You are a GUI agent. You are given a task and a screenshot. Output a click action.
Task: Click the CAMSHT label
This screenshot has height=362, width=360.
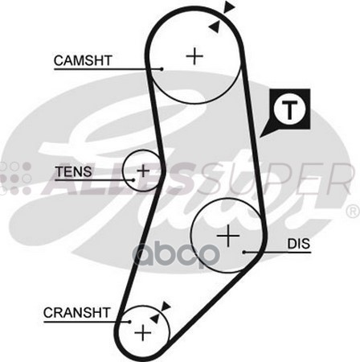[82, 60]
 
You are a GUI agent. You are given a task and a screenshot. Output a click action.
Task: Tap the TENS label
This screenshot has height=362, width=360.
[73, 171]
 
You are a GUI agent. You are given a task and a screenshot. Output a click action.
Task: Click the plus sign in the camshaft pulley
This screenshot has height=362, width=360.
[194, 56]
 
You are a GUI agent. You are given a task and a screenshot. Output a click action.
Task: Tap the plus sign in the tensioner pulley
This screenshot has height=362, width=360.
[144, 171]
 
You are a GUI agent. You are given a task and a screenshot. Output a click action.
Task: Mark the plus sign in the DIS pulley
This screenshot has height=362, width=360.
[229, 236]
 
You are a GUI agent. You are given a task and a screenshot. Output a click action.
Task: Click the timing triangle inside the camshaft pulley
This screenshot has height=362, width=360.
[214, 26]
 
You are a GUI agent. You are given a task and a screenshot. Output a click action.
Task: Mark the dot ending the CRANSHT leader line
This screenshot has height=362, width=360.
[129, 321]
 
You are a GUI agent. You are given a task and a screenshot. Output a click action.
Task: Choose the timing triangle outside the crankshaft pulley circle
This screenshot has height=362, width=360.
[166, 306]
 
